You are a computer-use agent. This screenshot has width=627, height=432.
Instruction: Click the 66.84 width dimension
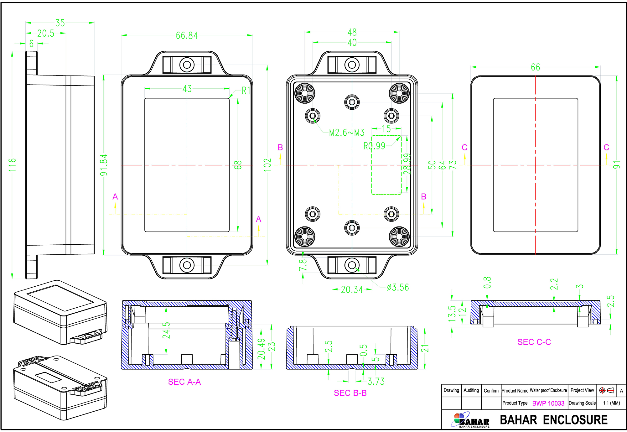click(187, 35)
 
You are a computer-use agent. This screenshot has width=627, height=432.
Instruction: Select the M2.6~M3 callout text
click(347, 133)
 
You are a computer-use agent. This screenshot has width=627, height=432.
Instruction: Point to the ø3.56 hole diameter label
click(398, 287)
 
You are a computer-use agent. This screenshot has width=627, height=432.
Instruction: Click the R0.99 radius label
click(374, 146)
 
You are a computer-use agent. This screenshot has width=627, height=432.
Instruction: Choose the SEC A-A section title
click(184, 382)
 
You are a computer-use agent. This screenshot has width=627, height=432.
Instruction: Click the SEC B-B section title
click(350, 393)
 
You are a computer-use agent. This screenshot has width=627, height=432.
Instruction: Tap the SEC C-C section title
click(534, 342)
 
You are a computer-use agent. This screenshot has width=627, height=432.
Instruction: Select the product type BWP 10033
click(548, 403)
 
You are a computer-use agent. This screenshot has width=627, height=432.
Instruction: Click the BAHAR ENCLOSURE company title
click(553, 420)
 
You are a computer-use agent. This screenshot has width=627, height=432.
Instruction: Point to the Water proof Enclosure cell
click(548, 391)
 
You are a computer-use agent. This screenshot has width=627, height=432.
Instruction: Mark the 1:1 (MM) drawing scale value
click(611, 403)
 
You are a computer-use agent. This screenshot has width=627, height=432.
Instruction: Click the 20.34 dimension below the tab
click(352, 289)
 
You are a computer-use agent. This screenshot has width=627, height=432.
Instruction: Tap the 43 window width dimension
click(187, 89)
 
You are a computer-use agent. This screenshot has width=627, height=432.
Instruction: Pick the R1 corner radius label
click(246, 91)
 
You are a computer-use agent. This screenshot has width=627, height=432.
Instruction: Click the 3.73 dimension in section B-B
click(376, 381)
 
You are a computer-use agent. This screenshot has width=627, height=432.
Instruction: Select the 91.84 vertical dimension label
click(104, 165)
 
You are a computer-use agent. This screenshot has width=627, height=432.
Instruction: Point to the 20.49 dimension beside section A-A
click(262, 349)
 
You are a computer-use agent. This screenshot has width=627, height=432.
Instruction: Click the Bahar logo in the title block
click(470, 420)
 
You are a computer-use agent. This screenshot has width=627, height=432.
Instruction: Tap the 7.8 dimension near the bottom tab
click(303, 265)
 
